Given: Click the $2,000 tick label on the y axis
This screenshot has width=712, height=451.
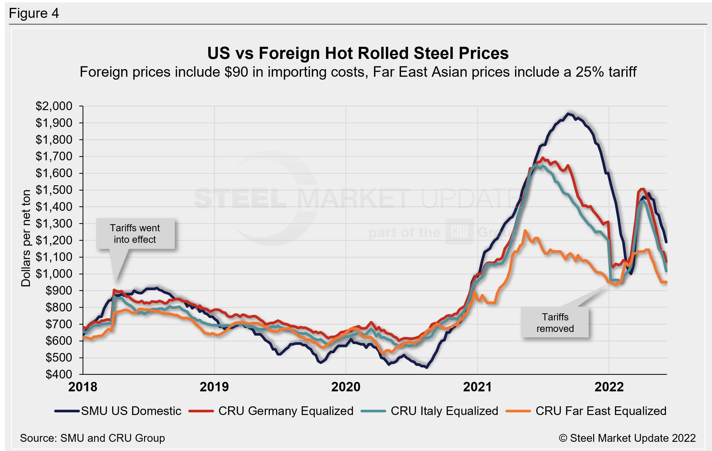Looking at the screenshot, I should tap(54, 106).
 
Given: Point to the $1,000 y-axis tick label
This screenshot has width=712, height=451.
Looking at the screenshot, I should tap(54, 274).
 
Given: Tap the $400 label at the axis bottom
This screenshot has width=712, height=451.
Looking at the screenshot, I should tap(59, 375).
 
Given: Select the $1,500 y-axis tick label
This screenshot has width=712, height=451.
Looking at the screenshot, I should tap(54, 190).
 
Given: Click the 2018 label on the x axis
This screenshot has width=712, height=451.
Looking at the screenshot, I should tap(83, 387).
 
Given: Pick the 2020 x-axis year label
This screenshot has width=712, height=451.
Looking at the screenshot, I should tap(346, 387).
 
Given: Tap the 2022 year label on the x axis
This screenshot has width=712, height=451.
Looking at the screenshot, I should tap(609, 387).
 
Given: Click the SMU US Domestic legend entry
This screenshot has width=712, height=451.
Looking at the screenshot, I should tap(118, 411).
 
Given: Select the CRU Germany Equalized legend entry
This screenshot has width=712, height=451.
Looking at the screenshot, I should tap(271, 411).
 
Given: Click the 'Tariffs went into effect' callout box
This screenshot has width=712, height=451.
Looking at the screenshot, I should tap(135, 233).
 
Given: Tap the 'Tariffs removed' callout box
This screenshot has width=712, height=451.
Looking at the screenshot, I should tap(555, 322).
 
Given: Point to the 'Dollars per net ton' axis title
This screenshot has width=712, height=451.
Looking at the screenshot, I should tap(26, 238).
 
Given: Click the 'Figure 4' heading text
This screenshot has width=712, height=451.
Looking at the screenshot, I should tap(34, 13).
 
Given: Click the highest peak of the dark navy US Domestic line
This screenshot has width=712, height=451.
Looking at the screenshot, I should tap(568, 114).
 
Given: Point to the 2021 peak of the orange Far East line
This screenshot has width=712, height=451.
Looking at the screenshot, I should tap(525, 230).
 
